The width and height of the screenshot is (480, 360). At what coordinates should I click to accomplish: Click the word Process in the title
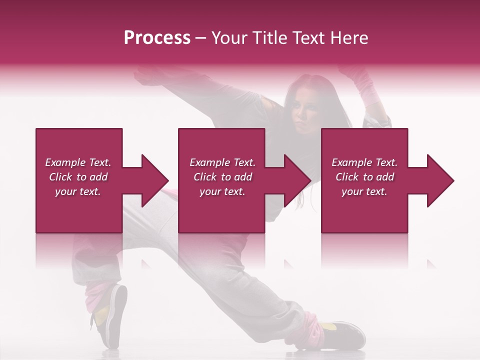157,38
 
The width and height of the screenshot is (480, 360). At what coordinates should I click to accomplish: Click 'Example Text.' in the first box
78,162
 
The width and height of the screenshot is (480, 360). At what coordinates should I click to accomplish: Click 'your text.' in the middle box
222,191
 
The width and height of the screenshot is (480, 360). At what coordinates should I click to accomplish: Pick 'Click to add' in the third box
364,177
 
